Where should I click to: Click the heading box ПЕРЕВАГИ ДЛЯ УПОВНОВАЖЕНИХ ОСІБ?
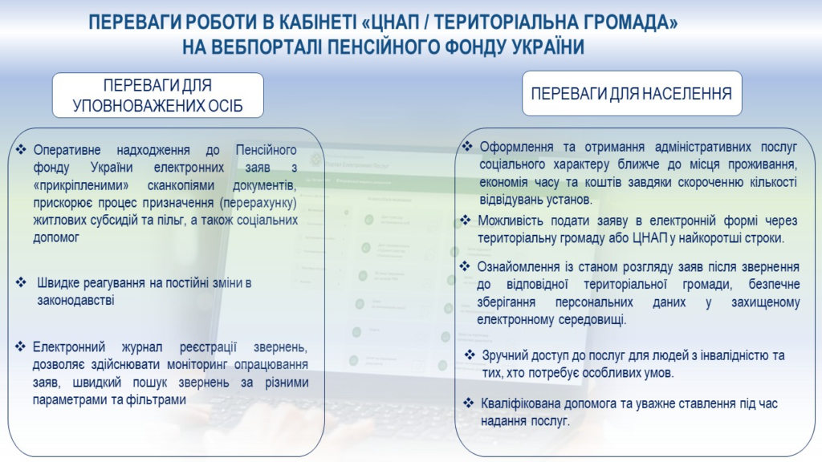[158, 95]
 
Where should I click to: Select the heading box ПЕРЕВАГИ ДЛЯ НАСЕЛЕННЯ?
[632, 94]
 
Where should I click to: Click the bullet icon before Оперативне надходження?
[21, 150]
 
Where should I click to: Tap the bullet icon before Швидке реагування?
[21, 283]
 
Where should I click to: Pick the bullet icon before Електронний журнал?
[20, 346]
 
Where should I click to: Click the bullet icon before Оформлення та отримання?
[467, 146]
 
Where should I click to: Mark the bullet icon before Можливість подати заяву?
[466, 220]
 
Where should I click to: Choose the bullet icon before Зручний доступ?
[470, 355]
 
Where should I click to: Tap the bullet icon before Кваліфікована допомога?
[469, 403]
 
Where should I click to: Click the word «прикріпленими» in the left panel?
[81, 185]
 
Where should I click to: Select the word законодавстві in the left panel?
[75, 301]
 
